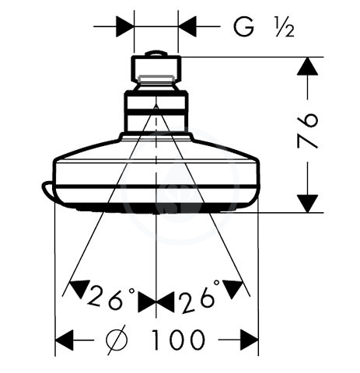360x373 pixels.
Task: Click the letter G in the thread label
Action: (243, 26)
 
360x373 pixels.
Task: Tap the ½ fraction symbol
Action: (285, 27)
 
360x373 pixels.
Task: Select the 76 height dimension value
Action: (308, 131)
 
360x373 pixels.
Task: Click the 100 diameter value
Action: (178, 340)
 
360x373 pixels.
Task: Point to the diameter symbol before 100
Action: (117, 340)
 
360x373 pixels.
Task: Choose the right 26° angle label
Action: (199, 296)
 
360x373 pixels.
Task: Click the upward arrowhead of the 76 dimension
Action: (307, 66)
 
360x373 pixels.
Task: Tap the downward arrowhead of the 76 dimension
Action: (307, 204)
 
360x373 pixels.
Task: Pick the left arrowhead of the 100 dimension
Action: (65, 340)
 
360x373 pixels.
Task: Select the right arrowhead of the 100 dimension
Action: (250, 340)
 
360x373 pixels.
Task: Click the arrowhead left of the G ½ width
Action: (125, 26)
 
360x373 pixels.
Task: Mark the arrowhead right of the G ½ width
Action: (187, 26)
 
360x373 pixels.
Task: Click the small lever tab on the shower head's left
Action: (48, 190)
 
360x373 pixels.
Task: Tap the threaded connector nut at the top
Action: (156, 68)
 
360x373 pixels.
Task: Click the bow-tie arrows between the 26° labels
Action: (156, 302)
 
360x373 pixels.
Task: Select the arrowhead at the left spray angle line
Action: (79, 288)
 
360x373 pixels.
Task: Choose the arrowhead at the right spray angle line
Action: (232, 288)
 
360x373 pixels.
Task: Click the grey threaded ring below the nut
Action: (156, 78)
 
